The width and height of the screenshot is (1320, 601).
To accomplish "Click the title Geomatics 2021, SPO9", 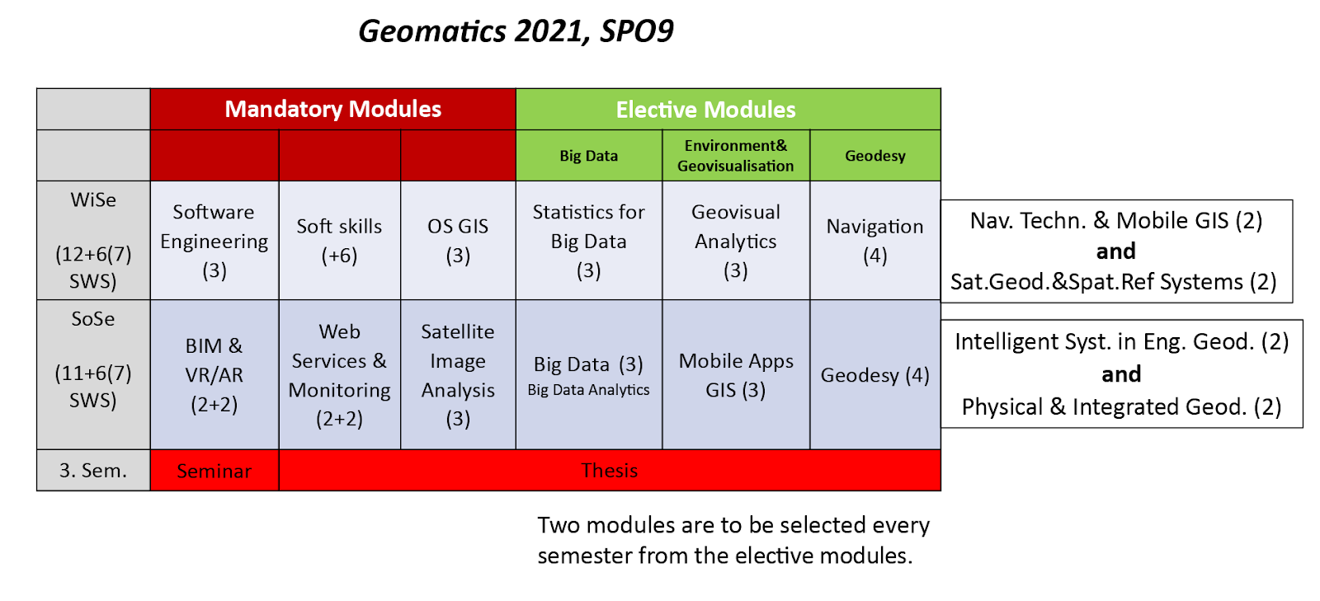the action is pos(516,31).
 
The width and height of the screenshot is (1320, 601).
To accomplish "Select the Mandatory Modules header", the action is pos(333,110).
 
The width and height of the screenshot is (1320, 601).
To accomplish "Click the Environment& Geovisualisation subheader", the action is pos(736,155).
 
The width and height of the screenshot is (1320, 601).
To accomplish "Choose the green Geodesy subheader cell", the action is pos(875,155).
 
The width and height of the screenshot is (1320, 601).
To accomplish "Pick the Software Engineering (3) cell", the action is pos(214,241).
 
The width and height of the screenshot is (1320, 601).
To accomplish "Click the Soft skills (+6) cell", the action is pos(339,241).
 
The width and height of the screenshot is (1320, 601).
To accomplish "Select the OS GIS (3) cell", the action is pos(458,241).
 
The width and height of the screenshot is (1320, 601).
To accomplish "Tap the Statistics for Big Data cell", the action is pos(589,241).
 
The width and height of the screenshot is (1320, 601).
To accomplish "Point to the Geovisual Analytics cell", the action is pos(736,241).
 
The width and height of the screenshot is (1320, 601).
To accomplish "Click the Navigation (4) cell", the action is pos(875,241).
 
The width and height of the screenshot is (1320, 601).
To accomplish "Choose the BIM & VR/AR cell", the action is pos(214,375).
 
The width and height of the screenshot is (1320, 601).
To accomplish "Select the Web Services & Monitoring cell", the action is pos(339,375).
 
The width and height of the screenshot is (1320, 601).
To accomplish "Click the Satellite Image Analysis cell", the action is pos(458,375).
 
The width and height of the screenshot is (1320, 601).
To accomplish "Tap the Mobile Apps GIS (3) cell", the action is pos(736,375).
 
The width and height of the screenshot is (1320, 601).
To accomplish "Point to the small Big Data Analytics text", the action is pos(589,390).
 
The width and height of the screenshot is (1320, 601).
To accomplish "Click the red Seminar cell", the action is pos(214,470).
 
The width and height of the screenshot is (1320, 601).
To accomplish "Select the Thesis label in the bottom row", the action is pos(610,470).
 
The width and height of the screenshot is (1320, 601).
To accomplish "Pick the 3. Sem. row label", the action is pos(93,470).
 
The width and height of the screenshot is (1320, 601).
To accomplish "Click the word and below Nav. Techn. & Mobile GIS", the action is pos(1115,251).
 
